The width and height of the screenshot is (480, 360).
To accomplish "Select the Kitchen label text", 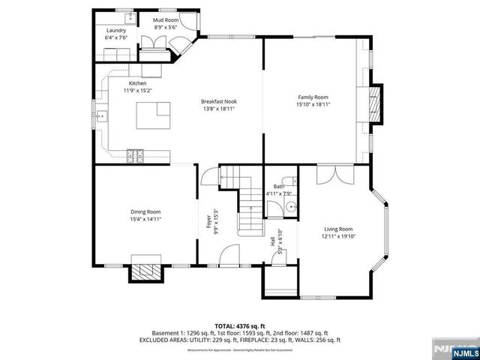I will pyautogui.click(x=137, y=83).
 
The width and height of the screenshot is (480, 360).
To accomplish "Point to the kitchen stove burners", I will pyautogui.click(x=136, y=155).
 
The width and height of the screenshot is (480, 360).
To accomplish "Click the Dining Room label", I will pyautogui.click(x=145, y=212).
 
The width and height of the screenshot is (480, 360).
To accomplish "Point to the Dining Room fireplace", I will pyautogui.click(x=146, y=271).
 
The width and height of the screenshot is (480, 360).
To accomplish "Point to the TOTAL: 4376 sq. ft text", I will pyautogui.click(x=240, y=325).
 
